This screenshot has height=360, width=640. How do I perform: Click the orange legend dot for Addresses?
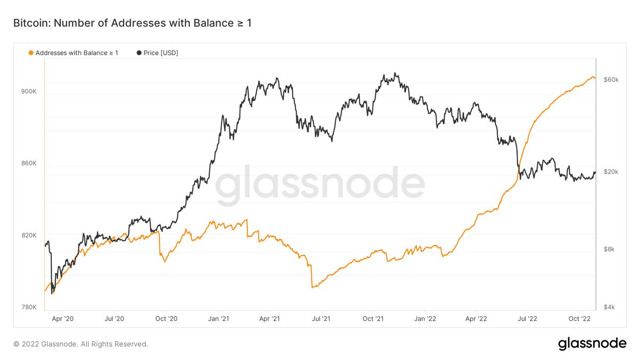(x=30, y=53)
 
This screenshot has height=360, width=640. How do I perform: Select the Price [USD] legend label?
(x=161, y=53)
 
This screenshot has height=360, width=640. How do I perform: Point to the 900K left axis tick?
(x=28, y=91)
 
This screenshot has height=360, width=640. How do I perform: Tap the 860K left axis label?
(x=28, y=163)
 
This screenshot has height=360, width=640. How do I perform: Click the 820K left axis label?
(x=28, y=235)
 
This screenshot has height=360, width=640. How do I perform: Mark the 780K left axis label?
(x=28, y=307)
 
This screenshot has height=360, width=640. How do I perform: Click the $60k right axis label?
(x=611, y=79)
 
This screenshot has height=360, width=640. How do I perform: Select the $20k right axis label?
(x=611, y=172)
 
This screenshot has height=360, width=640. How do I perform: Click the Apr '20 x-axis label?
(x=63, y=319)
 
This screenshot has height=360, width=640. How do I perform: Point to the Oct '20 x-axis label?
(x=166, y=319)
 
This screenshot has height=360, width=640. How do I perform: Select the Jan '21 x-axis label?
(x=218, y=319)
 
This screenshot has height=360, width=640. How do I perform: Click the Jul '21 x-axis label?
(x=321, y=319)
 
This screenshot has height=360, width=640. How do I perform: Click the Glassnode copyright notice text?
(x=81, y=344)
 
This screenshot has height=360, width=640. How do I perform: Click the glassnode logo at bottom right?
(x=592, y=344)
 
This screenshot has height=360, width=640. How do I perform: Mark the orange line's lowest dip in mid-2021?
(x=313, y=287)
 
